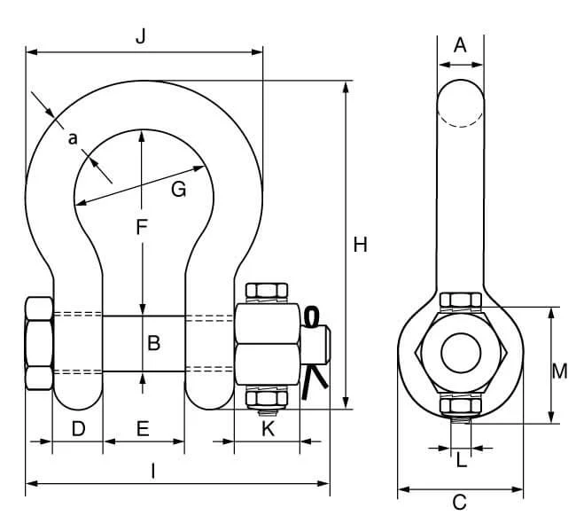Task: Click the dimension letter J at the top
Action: [x=141, y=36]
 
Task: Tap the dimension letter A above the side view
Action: [x=460, y=45]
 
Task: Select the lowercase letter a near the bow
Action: [x=73, y=139]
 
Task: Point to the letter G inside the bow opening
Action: [x=178, y=190]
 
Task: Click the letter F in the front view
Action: [x=142, y=227]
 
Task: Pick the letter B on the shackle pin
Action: [x=154, y=343]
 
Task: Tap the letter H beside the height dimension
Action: [x=360, y=245]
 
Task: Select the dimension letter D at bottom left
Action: [x=78, y=428]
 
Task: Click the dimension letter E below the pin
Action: [x=143, y=428]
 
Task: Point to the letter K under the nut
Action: [x=269, y=428]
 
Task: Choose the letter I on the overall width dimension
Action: [x=153, y=471]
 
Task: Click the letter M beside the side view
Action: [x=560, y=371]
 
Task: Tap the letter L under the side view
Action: [x=462, y=460]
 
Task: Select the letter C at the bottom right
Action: [x=460, y=503]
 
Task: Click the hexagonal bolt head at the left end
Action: [x=39, y=343]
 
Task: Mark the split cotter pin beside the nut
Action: [x=314, y=353]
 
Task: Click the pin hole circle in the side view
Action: [x=461, y=353]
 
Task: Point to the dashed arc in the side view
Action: [x=461, y=120]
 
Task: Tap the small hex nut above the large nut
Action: [x=267, y=290]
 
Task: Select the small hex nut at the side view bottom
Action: [x=461, y=406]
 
